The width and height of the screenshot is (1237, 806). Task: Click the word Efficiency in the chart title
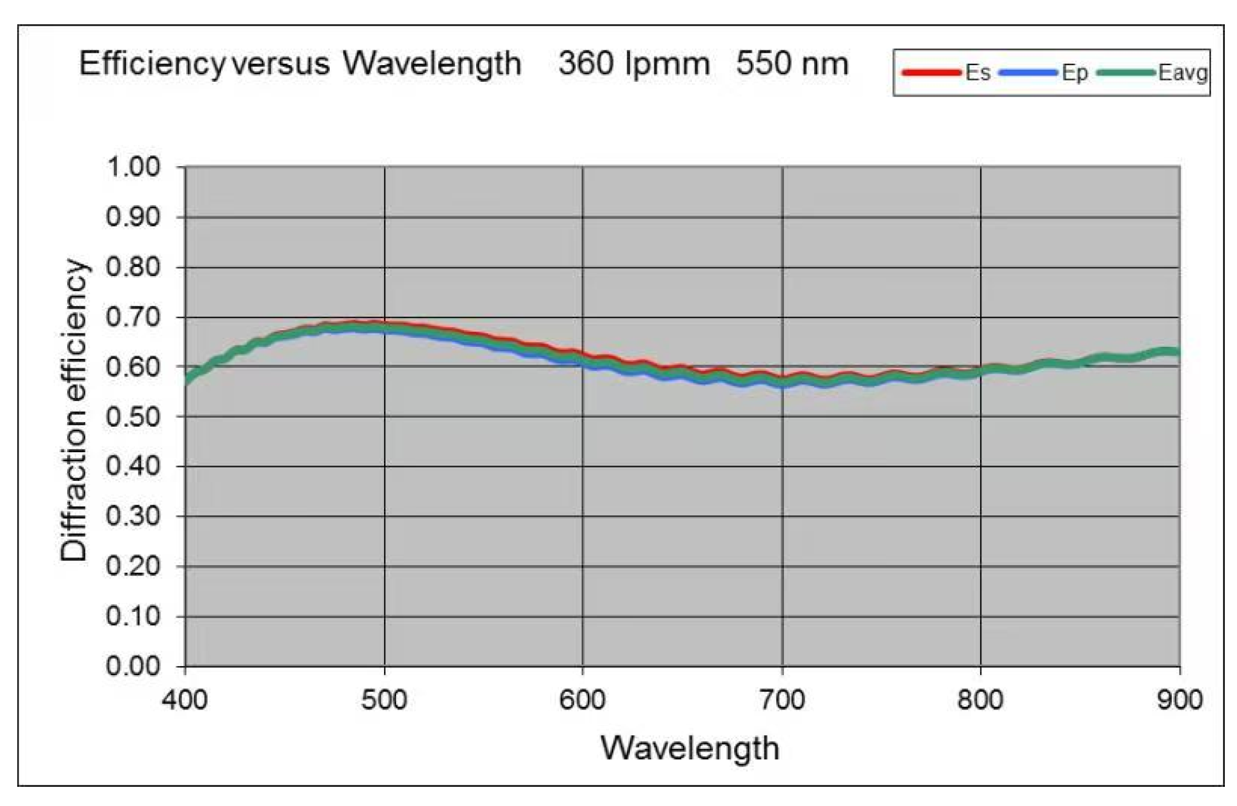[151, 65]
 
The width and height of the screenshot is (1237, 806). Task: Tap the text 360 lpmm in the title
[633, 65]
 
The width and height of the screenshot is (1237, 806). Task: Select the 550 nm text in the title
[792, 65]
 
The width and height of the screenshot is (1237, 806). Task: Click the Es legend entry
[977, 73]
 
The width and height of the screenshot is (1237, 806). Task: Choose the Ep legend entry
[1073, 73]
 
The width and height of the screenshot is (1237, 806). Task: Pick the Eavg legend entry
[1182, 73]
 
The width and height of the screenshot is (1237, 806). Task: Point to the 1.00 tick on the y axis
[133, 167]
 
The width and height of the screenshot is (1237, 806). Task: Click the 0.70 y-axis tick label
[133, 317]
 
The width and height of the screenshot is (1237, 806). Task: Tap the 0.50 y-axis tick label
[133, 417]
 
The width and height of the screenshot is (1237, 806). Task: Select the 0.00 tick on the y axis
[133, 667]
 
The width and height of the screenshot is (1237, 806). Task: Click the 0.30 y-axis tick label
[133, 517]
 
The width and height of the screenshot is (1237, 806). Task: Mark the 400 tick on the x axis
[185, 701]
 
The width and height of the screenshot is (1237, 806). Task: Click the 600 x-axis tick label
[582, 701]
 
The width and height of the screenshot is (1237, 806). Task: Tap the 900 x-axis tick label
[1179, 701]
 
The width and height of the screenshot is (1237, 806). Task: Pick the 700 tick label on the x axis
[781, 701]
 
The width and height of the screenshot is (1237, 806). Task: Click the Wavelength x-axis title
[689, 749]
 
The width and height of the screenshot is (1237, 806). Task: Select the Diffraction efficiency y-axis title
[73, 410]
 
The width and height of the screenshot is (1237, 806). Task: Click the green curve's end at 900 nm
[1178, 353]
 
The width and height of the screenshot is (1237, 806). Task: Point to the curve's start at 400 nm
[187, 379]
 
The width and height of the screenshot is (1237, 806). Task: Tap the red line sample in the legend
[931, 73]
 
